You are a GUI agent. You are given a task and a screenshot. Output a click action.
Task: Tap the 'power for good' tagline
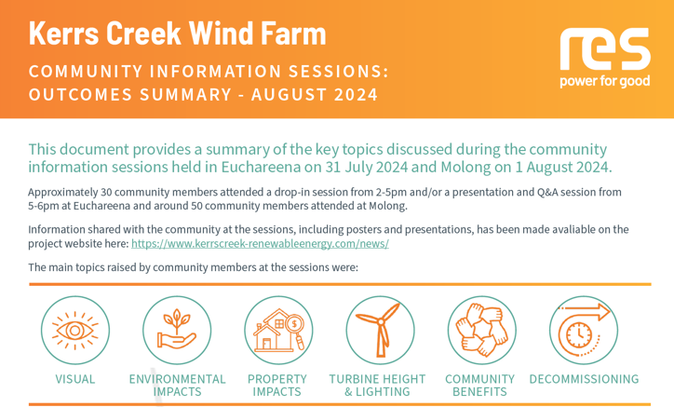click(x=605, y=81)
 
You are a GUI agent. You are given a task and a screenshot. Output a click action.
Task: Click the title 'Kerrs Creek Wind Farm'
click(x=178, y=34)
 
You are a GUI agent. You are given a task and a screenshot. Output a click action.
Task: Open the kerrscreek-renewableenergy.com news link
click(x=260, y=243)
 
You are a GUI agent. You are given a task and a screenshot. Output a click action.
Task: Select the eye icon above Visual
click(x=75, y=331)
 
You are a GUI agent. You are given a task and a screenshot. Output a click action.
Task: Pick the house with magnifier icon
click(x=278, y=331)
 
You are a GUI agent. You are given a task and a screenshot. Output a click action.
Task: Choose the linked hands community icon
click(x=482, y=331)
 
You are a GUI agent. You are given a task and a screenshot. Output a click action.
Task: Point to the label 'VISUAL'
click(x=75, y=379)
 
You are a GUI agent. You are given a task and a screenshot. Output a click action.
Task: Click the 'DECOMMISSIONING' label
click(x=584, y=379)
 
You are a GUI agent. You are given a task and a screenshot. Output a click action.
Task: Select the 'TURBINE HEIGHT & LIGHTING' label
click(x=377, y=386)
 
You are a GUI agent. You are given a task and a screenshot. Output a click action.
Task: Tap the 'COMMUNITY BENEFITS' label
click(x=479, y=386)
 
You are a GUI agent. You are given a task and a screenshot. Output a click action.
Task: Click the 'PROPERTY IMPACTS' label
click(x=277, y=386)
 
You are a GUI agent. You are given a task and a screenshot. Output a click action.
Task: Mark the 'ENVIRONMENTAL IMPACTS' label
click(x=177, y=386)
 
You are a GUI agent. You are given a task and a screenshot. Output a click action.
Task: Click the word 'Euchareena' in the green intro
click(x=261, y=167)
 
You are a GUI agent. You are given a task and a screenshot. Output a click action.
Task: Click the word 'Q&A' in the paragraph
click(x=547, y=192)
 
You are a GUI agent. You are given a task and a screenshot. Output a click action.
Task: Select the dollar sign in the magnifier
click(x=294, y=323)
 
